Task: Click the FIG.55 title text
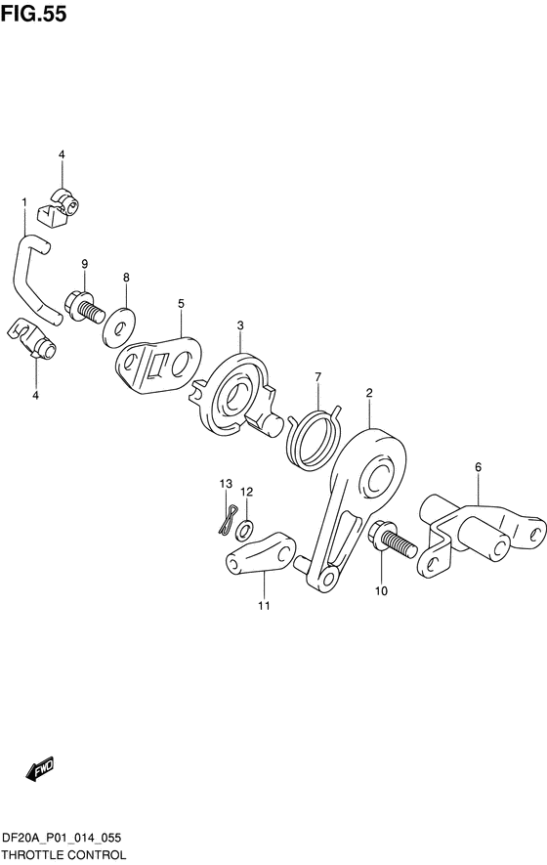(33, 15)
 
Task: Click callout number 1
(23, 203)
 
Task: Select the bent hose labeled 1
(34, 280)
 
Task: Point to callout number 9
(84, 264)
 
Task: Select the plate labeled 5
(158, 365)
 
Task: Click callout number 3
(240, 326)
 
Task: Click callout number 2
(369, 393)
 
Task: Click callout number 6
(478, 467)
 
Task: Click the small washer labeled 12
(244, 529)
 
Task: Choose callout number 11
(264, 606)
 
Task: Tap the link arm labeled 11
(261, 553)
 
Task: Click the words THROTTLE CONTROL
(63, 855)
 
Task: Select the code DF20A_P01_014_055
(62, 839)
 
